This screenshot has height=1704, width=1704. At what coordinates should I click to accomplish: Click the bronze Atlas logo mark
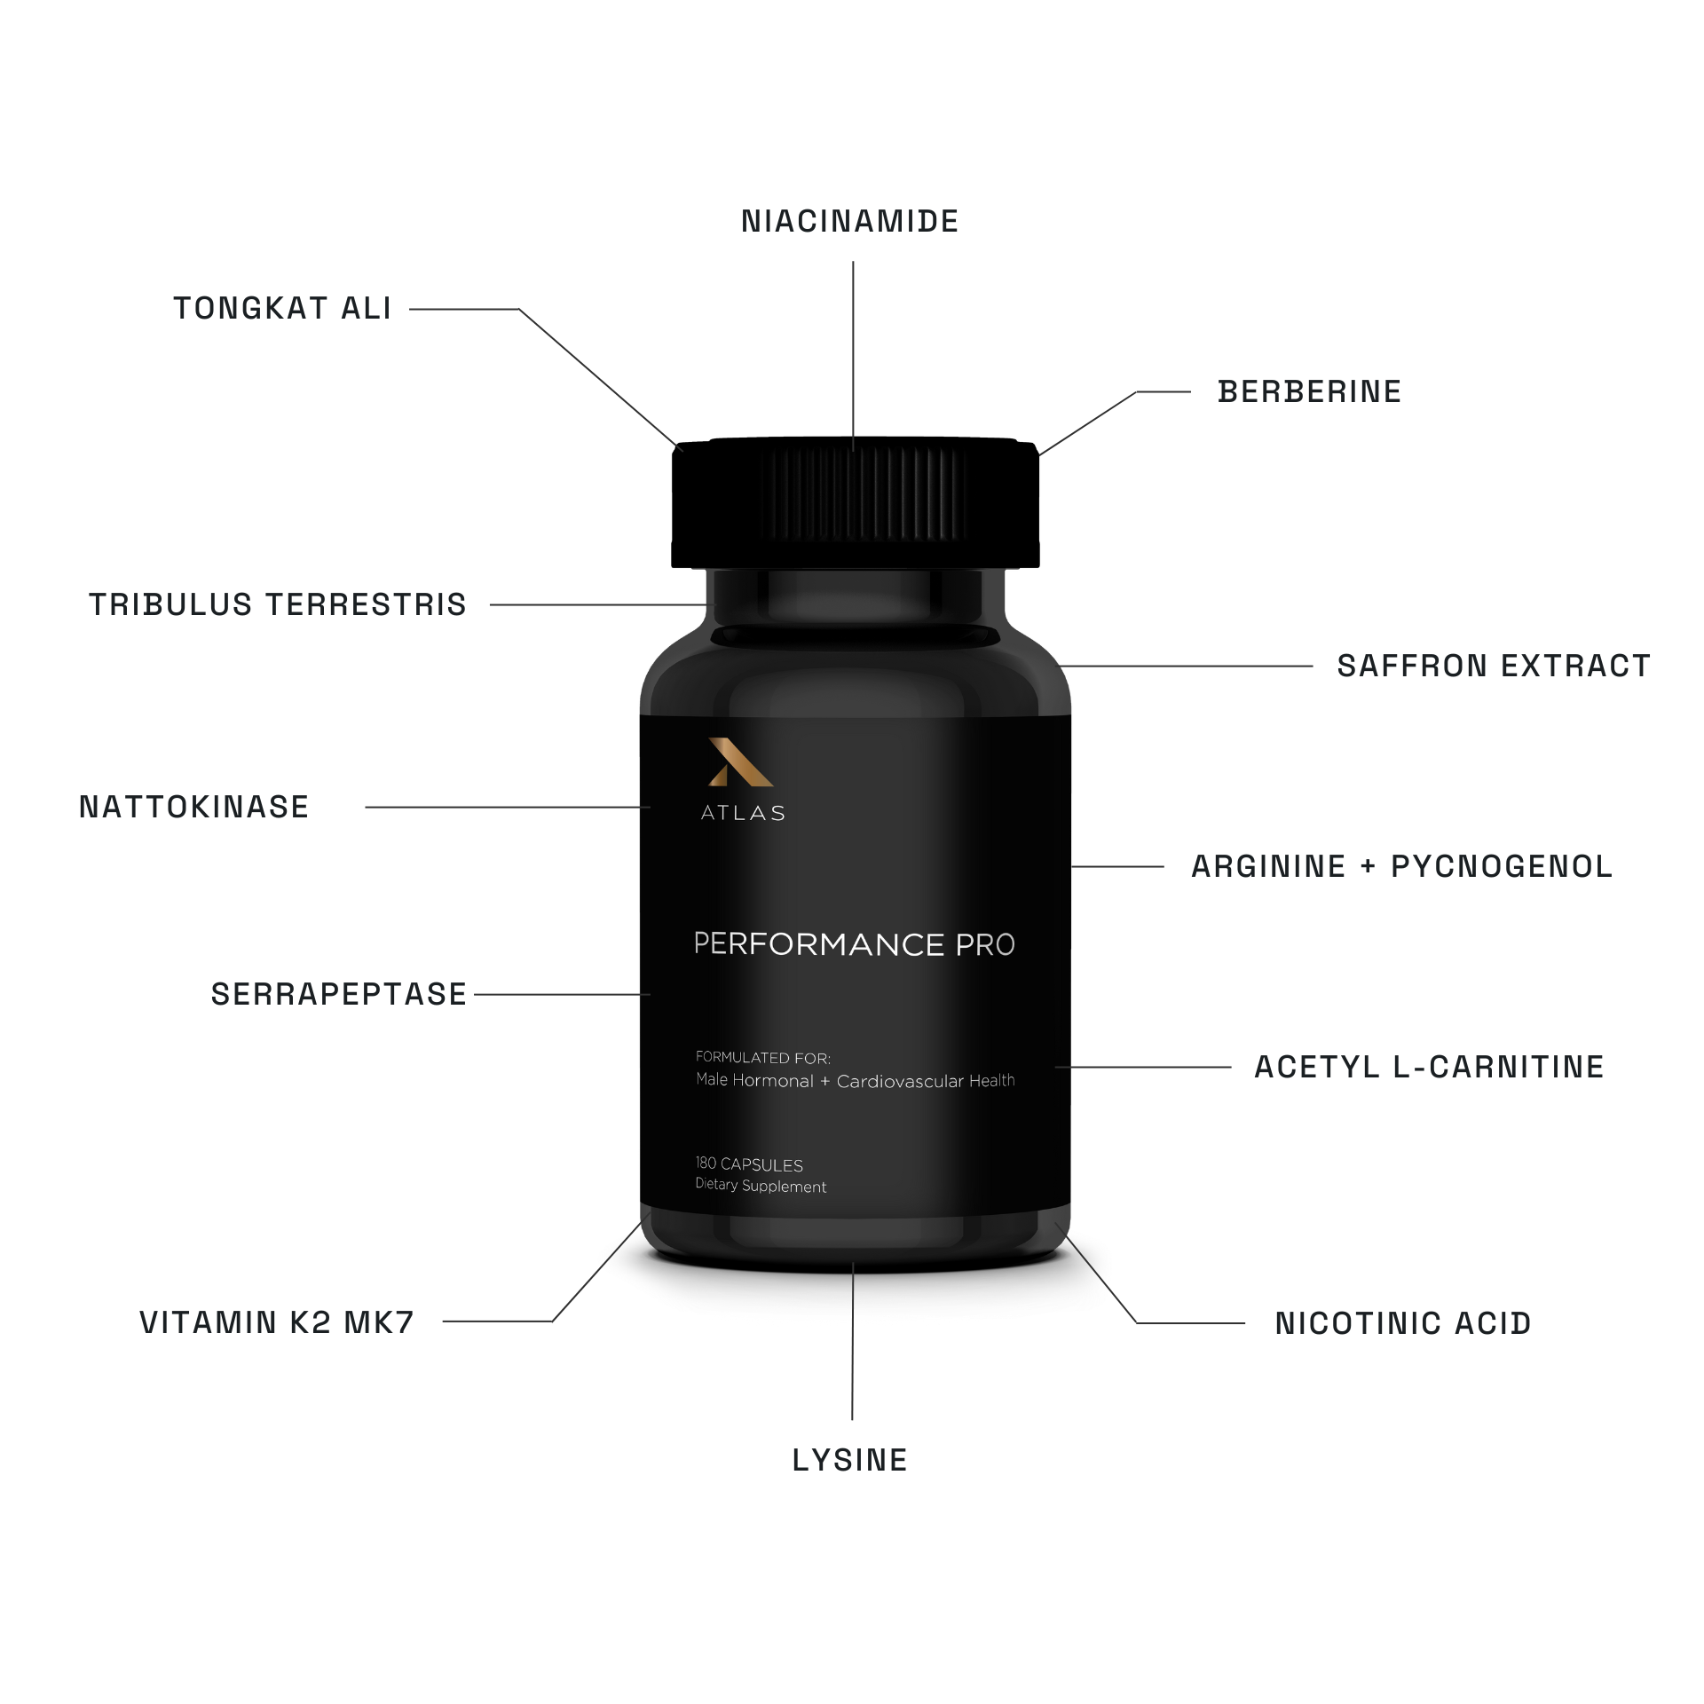[739, 762]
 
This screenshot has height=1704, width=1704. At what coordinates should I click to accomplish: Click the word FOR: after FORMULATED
[813, 1058]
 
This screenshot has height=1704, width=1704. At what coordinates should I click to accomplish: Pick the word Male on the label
[712, 1081]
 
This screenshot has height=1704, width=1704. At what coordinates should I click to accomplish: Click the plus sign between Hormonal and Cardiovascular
[825, 1082]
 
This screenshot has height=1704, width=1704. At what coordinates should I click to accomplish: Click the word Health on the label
[987, 1081]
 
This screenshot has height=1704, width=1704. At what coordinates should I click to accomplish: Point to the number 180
[706, 1165]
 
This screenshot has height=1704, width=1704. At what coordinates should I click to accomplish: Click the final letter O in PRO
[1003, 945]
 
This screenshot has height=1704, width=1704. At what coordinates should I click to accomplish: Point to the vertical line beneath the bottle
[852, 1358]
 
